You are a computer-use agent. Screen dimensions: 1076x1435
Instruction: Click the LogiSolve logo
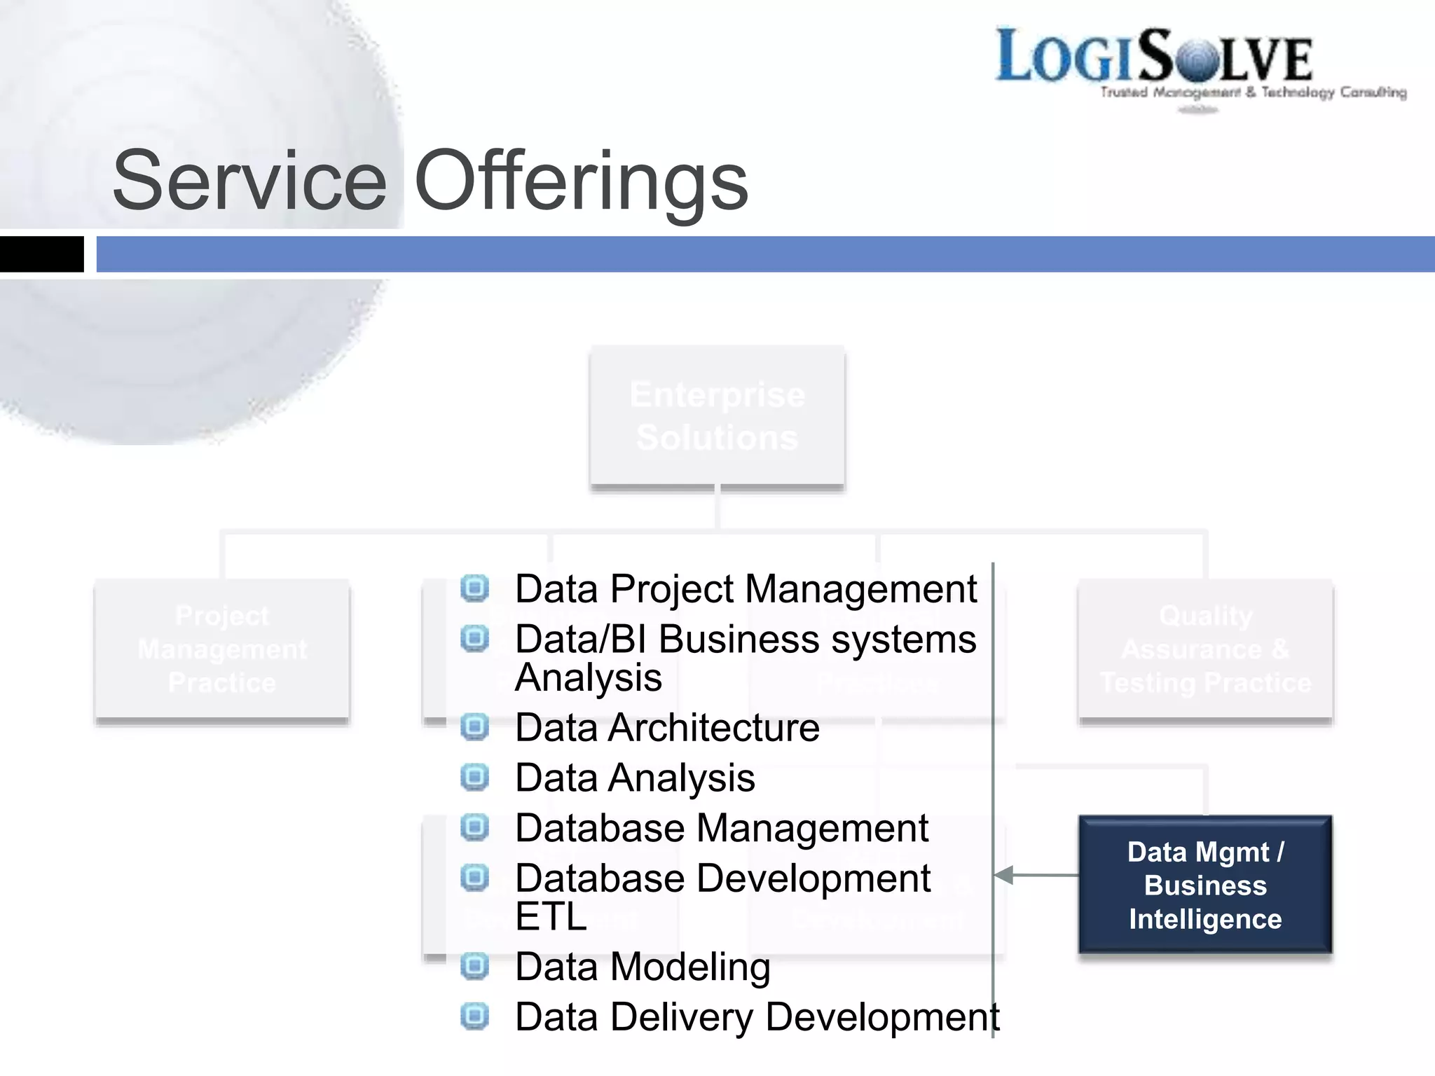1154,56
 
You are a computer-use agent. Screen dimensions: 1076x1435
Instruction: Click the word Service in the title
249,181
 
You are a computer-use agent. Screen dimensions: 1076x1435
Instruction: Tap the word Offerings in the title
582,181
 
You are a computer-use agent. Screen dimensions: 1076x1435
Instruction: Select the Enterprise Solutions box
717,416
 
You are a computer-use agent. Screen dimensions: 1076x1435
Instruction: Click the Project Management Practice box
222,649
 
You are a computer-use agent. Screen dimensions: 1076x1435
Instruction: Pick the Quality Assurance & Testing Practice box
1205,649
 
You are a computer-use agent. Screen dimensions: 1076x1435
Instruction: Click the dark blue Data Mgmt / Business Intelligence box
1205,885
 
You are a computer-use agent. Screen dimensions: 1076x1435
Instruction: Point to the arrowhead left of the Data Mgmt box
1003,875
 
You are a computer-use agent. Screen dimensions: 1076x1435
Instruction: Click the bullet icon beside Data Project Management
474,588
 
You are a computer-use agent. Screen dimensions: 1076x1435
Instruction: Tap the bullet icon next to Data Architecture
474,726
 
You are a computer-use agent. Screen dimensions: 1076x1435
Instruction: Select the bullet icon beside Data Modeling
474,966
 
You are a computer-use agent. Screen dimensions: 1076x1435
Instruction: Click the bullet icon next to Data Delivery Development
474,1016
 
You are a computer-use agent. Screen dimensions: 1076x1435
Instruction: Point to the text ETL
551,916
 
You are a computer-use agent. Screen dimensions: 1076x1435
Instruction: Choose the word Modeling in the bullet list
690,967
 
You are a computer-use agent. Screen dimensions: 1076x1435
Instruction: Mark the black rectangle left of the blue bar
41,254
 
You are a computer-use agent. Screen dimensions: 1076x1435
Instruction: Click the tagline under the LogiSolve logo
1253,92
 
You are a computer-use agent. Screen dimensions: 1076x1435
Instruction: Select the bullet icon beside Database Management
474,827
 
